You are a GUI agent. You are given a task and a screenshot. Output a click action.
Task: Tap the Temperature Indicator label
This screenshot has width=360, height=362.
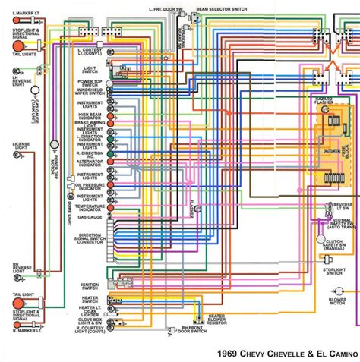(x=90, y=208)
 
